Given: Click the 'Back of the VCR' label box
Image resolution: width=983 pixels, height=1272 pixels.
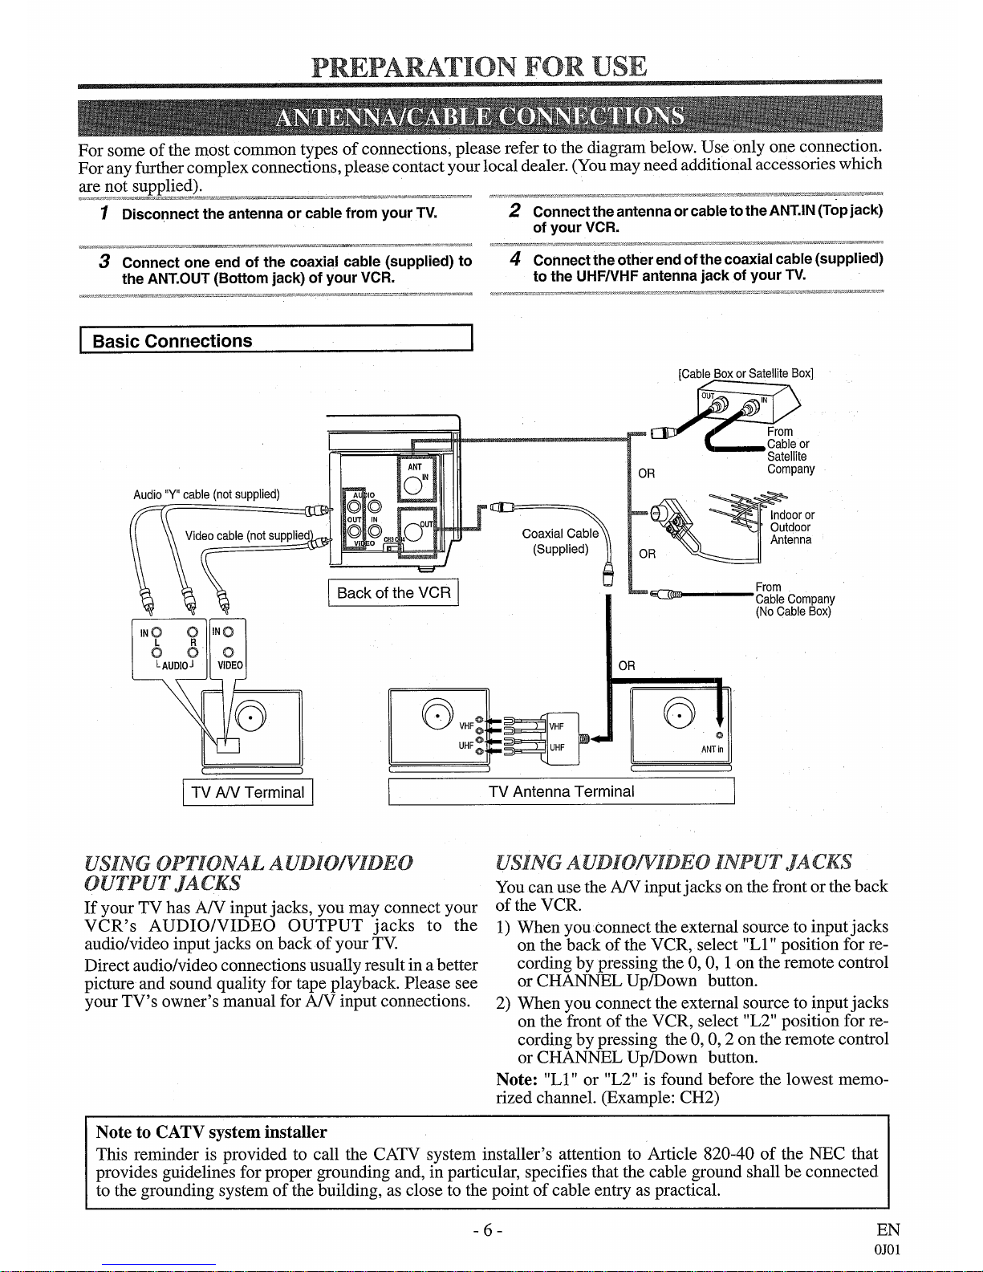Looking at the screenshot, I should pos(393,593).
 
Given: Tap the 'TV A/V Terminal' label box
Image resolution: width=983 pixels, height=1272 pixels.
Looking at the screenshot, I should pos(248,792).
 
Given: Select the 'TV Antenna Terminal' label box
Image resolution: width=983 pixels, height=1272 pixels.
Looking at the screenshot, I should pos(561,791).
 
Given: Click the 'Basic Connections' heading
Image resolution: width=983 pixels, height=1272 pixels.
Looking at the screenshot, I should pos(173,340).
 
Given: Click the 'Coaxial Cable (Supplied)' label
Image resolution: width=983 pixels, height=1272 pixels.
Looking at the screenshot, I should pos(560,541).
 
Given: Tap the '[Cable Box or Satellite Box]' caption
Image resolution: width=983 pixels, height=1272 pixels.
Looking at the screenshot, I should pos(745,373).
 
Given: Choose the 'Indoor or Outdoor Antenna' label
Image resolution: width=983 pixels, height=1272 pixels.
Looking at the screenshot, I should pos(792,527).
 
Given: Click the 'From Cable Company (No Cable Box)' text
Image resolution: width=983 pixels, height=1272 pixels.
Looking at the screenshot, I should pos(794,599).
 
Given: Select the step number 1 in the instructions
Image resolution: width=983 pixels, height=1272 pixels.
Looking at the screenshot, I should pos(104,213).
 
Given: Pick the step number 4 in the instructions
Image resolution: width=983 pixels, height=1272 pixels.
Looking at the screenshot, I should pos(517,259).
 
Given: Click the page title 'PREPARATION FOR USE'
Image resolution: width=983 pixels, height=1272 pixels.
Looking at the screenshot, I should pos(479,65).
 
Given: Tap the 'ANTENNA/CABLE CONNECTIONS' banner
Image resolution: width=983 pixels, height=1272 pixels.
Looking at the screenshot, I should pos(479,117).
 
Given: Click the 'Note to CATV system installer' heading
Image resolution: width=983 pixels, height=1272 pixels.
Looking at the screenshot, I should pos(211,1132).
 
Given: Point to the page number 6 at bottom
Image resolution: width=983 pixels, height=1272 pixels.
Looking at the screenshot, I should pos(488,1229).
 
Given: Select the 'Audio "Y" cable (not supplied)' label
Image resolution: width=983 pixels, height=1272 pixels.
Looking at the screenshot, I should pos(206,494).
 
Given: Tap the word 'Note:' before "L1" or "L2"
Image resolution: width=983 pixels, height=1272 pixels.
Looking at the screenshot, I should pos(517,1079).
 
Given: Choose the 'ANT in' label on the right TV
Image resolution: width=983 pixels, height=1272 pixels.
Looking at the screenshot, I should pos(712,750).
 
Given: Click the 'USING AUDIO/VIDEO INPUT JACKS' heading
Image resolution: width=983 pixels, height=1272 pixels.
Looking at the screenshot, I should pos(674,862).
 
